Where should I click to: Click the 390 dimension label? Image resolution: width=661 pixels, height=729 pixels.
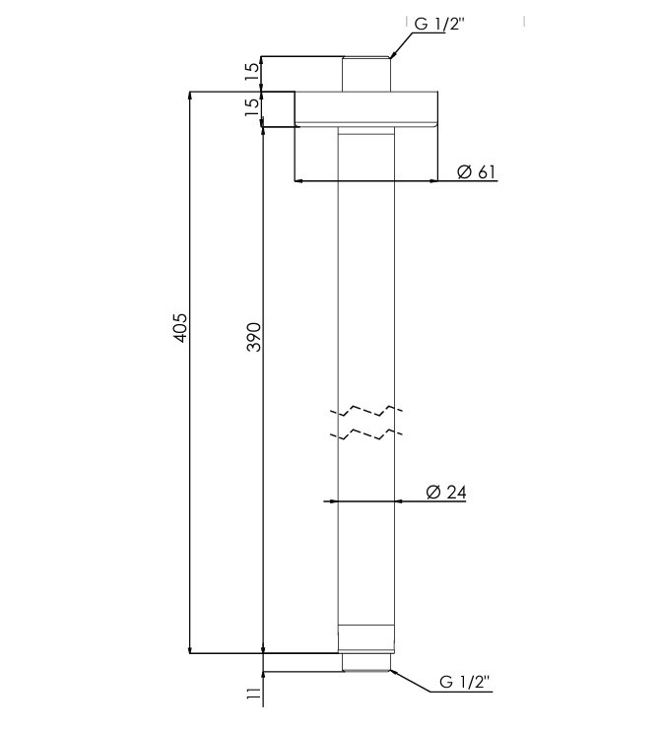tap(254, 337)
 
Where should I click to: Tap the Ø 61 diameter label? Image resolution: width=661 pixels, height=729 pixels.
tap(476, 171)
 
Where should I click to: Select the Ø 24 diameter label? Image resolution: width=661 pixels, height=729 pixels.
tap(446, 492)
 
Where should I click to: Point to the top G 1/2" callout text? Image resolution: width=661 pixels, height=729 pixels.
tap(438, 24)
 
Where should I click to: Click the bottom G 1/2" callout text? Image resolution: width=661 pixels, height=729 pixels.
tap(465, 682)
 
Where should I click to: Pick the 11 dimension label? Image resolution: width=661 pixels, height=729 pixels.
tap(253, 695)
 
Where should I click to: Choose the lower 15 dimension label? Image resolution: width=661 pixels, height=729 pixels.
tap(252, 107)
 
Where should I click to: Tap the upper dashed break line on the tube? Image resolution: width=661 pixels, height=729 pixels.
tap(366, 411)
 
